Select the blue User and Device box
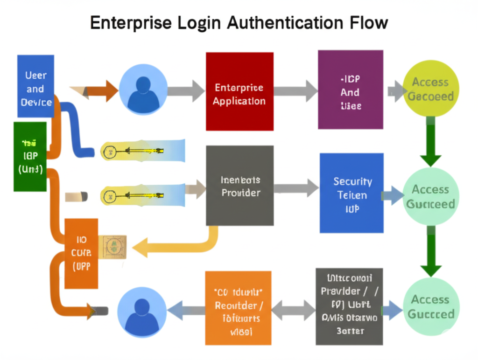(35, 86)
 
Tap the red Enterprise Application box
(239, 91)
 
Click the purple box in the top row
(350, 90)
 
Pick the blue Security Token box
(351, 193)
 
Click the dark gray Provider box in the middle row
(240, 186)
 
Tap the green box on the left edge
(30, 157)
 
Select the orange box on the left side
(81, 253)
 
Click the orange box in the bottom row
(238, 308)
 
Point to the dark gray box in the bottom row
(349, 306)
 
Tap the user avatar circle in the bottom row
(141, 309)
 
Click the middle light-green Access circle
(430, 196)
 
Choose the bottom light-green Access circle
(430, 306)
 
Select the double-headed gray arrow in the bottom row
(293, 310)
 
